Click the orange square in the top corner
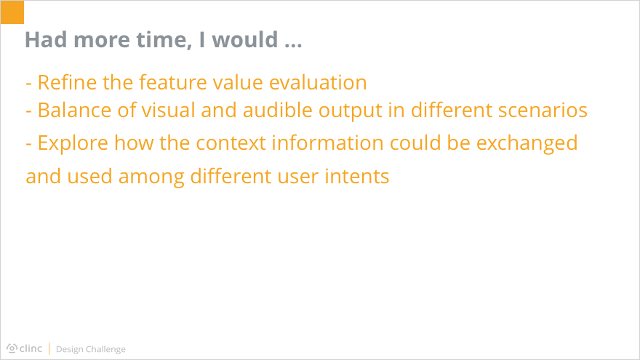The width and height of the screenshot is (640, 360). pos(12,12)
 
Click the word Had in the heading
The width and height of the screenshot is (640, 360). pos(46,39)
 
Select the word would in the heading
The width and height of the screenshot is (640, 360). pos(245,39)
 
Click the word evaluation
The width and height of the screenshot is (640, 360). pos(318,82)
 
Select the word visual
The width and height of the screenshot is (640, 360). pos(169,110)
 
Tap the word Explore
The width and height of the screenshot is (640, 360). pos(73,143)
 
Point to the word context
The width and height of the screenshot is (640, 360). pos(231,143)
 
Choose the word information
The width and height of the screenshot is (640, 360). pos(328,143)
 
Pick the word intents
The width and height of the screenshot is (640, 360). pos(357,176)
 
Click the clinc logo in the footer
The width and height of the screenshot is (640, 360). pos(25,348)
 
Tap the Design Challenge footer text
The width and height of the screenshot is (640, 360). pos(91,349)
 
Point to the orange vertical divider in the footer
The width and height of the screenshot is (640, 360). pos(49,348)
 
